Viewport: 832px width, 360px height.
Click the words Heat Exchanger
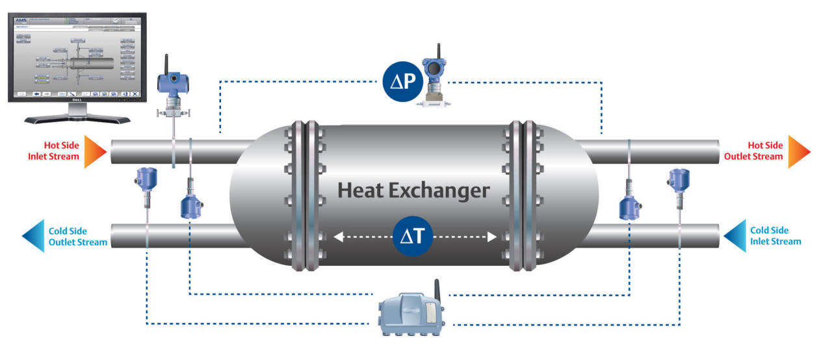click(413, 190)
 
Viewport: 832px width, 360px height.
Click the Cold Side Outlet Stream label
click(68, 237)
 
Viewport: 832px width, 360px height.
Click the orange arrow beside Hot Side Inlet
click(93, 151)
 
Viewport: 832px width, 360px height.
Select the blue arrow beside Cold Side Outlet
click(33, 236)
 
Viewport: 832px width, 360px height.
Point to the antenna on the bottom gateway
click(437, 289)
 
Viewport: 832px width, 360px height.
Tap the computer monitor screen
click(76, 55)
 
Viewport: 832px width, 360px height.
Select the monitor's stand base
click(77, 120)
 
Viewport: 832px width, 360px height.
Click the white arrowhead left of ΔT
click(338, 237)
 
